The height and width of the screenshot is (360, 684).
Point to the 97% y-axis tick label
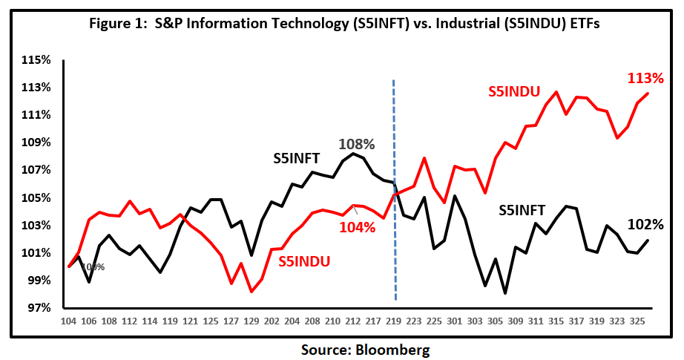pos(36,308)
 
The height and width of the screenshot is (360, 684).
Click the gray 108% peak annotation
pos(356,144)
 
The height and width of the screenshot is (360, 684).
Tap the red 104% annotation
pos(358,228)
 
